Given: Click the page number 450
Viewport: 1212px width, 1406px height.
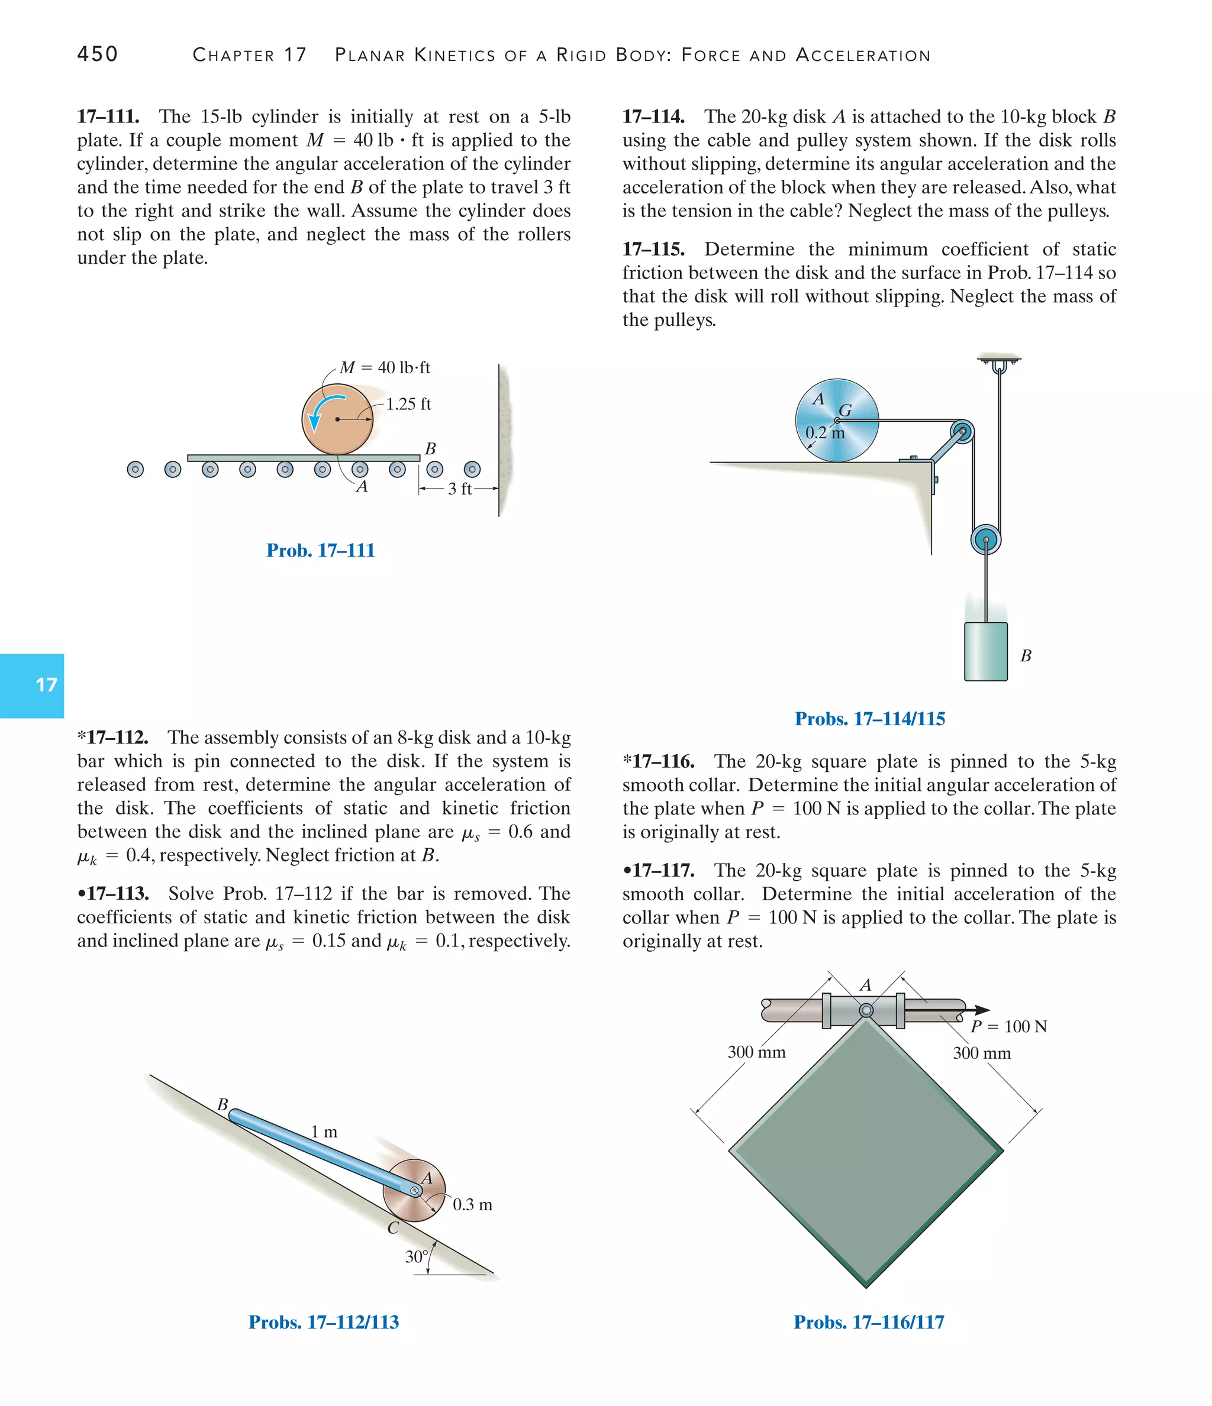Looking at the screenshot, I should pos(97,54).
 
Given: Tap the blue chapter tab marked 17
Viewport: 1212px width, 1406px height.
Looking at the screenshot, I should pos(32,686).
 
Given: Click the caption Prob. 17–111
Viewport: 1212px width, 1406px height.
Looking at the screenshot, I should pos(321,550).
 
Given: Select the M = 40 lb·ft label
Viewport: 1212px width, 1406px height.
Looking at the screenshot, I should pos(385,368).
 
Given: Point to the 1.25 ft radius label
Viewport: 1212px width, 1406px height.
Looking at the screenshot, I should pos(408,405).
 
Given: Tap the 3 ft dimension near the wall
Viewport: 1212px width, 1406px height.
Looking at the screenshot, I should pos(460,489).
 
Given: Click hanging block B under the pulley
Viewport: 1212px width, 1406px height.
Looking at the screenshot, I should pos(985,651).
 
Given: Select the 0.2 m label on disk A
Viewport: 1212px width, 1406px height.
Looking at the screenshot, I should pos(825,433).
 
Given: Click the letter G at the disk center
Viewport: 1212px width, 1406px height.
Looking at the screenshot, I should pos(845,410).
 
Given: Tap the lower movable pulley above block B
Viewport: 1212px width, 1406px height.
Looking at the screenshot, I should pos(985,540).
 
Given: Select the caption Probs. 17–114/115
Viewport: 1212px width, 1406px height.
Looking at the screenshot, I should pos(870,719).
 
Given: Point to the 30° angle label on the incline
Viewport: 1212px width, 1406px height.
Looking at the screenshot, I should pos(416,1257).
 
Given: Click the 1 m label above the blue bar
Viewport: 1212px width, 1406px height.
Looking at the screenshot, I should pos(324,1132).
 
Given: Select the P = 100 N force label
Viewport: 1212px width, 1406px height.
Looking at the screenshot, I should pos(1008,1026).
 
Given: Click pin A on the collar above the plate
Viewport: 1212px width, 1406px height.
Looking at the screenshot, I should pos(866,1010).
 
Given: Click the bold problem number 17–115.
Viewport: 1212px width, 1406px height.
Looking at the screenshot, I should pos(653,249).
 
